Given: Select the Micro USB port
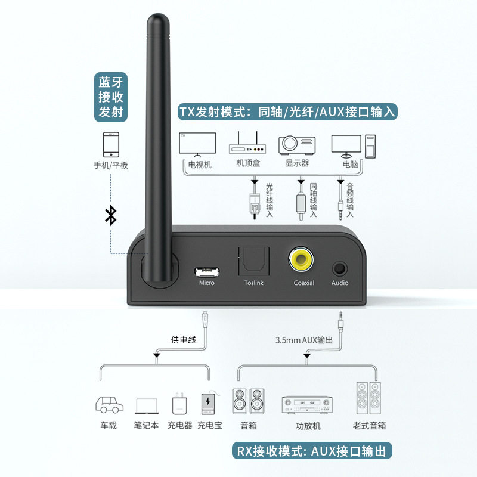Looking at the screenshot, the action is click(x=206, y=271).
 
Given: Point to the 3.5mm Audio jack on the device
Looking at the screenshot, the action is click(x=340, y=268).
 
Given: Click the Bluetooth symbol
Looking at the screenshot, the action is click(x=110, y=215).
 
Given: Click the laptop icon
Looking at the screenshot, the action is click(x=147, y=406).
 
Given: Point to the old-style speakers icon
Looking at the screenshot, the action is click(x=369, y=398).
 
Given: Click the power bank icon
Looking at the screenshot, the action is click(x=209, y=404).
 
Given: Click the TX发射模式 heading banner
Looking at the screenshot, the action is click(x=288, y=111).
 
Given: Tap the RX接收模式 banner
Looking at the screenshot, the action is click(x=312, y=451).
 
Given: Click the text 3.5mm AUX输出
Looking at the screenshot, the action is click(x=304, y=340).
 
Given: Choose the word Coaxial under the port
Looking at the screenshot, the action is click(x=303, y=283).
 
